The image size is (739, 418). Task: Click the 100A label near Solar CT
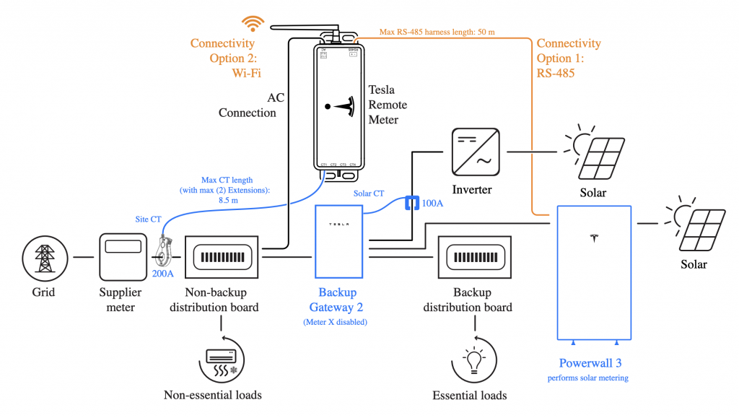click(x=433, y=204)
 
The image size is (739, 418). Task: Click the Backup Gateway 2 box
click(x=339, y=241)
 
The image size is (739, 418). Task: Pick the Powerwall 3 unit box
click(x=594, y=271)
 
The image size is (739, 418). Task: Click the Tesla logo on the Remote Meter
click(x=340, y=106)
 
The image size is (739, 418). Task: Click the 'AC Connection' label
click(x=248, y=105)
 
